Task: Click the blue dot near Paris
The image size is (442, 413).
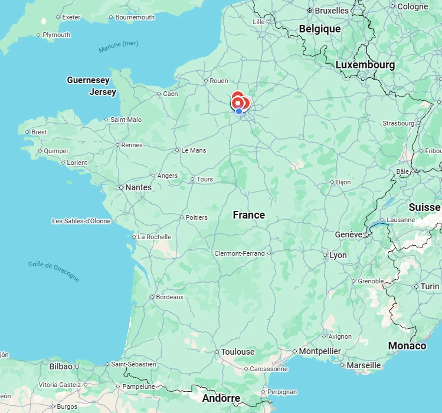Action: click(239, 111)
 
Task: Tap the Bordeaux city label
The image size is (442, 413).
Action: click(169, 297)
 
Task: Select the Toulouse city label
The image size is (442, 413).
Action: click(238, 352)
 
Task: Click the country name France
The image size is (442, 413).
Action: click(248, 215)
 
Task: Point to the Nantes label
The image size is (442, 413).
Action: click(139, 187)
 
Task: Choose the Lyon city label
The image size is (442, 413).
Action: click(338, 255)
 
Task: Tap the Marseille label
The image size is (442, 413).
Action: click(364, 365)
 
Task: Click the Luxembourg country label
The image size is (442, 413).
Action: click(365, 65)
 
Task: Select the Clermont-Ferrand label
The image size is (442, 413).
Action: click(240, 253)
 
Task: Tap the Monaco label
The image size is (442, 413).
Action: click(407, 346)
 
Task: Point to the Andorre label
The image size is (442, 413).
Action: click(221, 398)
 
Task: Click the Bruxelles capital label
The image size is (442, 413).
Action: click(331, 11)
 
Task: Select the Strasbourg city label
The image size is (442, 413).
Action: click(398, 123)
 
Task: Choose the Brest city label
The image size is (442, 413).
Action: click(39, 132)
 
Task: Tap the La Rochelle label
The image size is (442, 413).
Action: click(155, 237)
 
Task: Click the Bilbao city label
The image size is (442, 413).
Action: click(61, 366)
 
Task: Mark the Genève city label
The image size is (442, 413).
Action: click(349, 234)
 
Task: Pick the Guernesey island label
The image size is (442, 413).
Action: click(88, 80)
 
